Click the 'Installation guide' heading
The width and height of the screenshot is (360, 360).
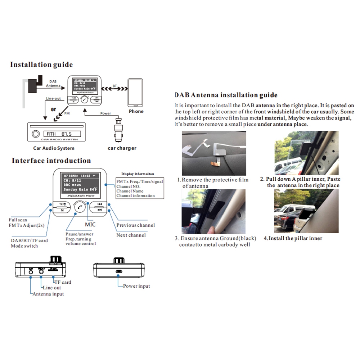(41, 65)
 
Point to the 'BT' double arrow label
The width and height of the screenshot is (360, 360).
(114, 86)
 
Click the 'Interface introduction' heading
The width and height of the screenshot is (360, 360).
(51, 161)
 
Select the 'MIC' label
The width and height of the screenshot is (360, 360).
(90, 225)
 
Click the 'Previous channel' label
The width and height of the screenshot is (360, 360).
(136, 225)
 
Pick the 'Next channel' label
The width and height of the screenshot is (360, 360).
(131, 235)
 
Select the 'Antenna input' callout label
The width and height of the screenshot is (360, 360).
(48, 294)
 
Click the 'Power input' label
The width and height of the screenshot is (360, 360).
(136, 286)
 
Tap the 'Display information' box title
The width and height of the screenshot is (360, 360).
(140, 174)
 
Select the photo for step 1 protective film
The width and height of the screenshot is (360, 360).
(215, 153)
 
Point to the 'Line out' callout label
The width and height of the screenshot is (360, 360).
(52, 288)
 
